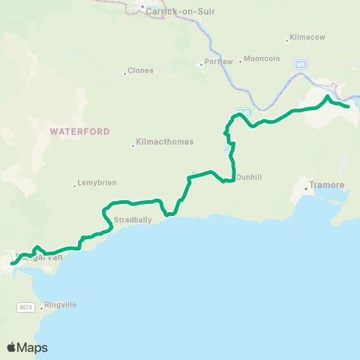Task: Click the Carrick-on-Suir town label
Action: click(x=170, y=11)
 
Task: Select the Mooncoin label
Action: click(x=262, y=58)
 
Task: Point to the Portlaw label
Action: click(x=219, y=62)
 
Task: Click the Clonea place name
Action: click(x=141, y=71)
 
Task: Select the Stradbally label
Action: click(x=132, y=221)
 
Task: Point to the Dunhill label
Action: click(x=247, y=177)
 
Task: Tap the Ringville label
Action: click(x=61, y=304)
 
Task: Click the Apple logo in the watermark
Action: click(x=12, y=347)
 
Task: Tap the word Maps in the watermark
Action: click(x=33, y=347)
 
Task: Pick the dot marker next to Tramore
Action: click(x=306, y=189)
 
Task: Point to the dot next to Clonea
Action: click(x=124, y=73)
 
